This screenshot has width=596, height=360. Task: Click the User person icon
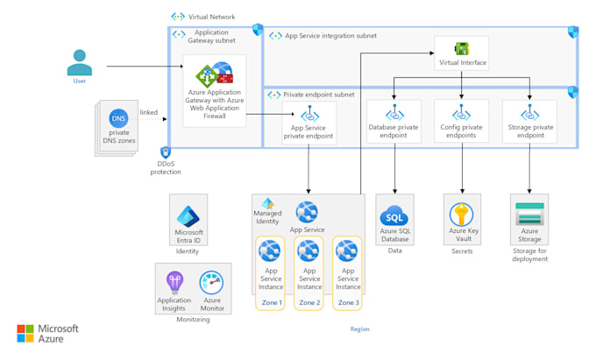[80, 63]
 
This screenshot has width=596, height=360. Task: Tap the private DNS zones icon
[118, 118]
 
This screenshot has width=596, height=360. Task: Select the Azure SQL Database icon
[394, 215]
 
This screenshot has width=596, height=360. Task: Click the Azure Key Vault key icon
[461, 215]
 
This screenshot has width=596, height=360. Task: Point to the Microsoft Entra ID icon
[188, 215]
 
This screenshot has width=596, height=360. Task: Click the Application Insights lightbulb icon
[174, 283]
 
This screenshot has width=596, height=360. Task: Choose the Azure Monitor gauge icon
[212, 283]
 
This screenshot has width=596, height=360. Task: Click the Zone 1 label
[271, 303]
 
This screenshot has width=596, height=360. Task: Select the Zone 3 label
[348, 303]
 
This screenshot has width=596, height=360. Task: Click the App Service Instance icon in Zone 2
[309, 253]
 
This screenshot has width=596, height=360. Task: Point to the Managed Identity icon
[268, 203]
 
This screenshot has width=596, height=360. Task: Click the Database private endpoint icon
[394, 114]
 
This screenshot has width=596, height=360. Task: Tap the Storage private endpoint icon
[529, 114]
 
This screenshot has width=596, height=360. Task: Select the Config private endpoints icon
[461, 114]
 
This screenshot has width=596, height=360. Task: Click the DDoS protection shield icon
[166, 152]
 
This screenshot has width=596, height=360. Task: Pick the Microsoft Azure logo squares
[25, 334]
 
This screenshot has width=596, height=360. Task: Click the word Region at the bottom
[359, 329]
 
